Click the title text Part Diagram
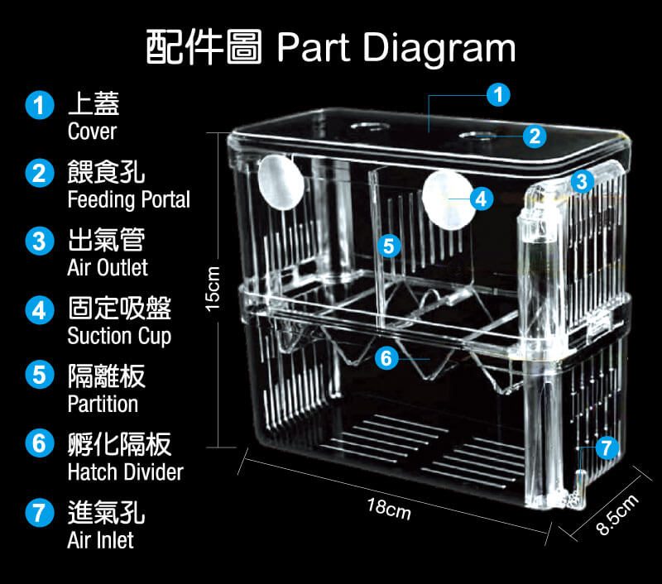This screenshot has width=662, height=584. pyautogui.click(x=396, y=48)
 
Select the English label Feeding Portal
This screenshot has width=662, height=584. pyautogui.click(x=128, y=200)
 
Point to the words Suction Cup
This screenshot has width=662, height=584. pyautogui.click(x=119, y=336)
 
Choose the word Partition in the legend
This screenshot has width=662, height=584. pyautogui.click(x=103, y=404)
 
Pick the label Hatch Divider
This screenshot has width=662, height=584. pyautogui.click(x=125, y=472)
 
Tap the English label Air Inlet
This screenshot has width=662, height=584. pyautogui.click(x=100, y=540)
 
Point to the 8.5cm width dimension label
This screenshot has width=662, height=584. pyautogui.click(x=617, y=515)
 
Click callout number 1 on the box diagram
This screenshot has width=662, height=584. pyautogui.click(x=496, y=95)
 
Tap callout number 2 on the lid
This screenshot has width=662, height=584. pyautogui.click(x=535, y=136)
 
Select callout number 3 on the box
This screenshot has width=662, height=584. pyautogui.click(x=582, y=180)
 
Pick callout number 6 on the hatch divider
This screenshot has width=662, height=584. pyautogui.click(x=386, y=358)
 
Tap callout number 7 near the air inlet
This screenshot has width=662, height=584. pyautogui.click(x=607, y=448)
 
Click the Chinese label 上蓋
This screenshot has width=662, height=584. pyautogui.click(x=94, y=104)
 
